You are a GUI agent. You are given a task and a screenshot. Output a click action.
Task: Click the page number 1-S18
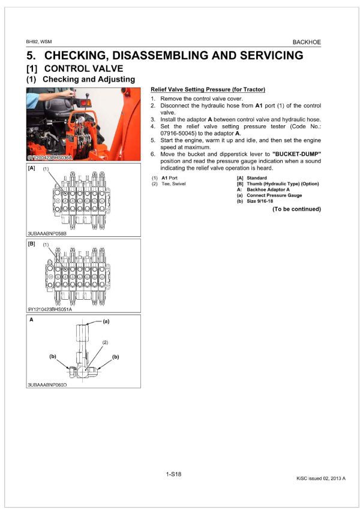[173, 474]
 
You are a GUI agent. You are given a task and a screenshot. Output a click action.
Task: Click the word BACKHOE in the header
[306, 43]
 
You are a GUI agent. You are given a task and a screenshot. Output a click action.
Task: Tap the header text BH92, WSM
[39, 43]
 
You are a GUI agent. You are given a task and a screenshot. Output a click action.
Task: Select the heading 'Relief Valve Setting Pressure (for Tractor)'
[205, 89]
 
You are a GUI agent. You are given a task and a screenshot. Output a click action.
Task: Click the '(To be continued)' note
[296, 209]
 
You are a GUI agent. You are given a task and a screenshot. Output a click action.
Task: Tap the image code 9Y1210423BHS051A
[49, 309]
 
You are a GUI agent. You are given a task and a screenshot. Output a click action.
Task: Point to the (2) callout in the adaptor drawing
[104, 341]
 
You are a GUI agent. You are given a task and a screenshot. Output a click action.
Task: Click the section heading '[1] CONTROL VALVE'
[74, 68]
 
